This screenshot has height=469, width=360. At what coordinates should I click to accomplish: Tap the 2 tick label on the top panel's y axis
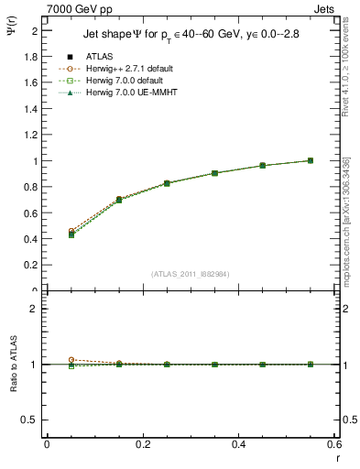(x=35, y=30)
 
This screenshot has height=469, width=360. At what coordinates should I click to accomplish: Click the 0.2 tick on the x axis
(x=142, y=444)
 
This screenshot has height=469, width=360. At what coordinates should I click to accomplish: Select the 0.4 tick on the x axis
(x=238, y=444)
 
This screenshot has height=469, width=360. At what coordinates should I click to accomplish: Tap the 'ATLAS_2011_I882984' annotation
(x=191, y=273)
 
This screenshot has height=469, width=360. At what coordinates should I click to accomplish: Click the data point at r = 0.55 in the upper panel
(x=311, y=160)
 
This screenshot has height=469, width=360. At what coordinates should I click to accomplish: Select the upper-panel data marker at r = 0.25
(x=167, y=183)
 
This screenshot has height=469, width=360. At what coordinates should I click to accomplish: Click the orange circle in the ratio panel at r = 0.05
(x=71, y=360)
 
